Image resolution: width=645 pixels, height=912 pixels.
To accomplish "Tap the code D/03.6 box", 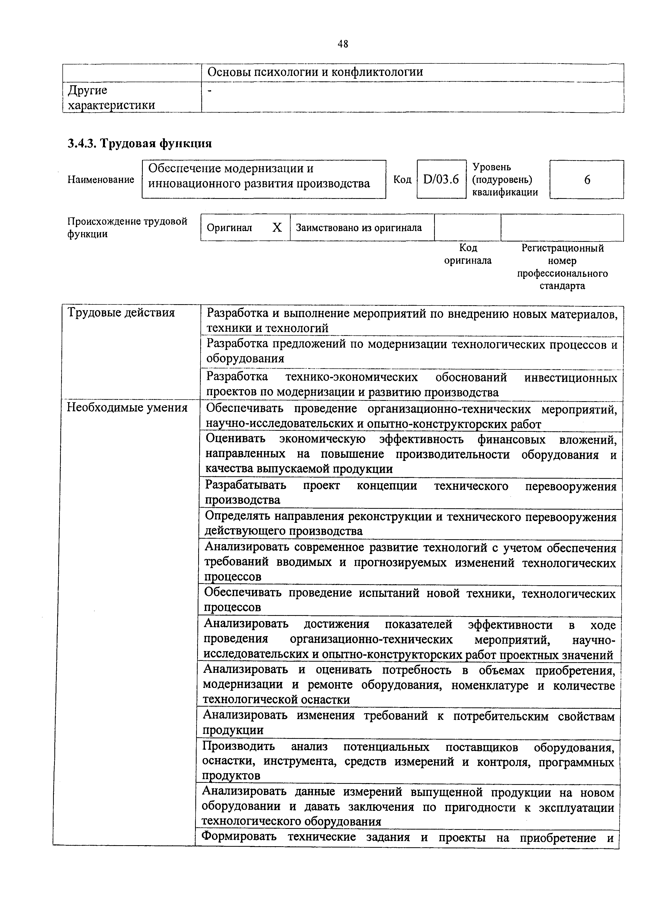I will (x=441, y=180).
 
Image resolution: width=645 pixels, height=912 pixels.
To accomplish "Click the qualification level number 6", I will (x=586, y=180).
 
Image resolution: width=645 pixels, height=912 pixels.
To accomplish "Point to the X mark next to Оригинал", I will (x=277, y=227).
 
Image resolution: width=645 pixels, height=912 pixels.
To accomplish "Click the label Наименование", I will (x=101, y=180).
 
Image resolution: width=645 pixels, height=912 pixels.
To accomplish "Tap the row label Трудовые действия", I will (x=121, y=313).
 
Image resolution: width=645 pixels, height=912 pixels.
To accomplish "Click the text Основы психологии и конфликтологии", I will (x=315, y=72).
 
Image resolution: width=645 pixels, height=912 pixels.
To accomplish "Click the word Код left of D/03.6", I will (x=402, y=180).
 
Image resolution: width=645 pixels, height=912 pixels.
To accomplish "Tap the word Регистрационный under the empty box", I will (x=562, y=248).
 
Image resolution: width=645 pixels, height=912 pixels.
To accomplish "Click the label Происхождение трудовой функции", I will (x=127, y=227).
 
